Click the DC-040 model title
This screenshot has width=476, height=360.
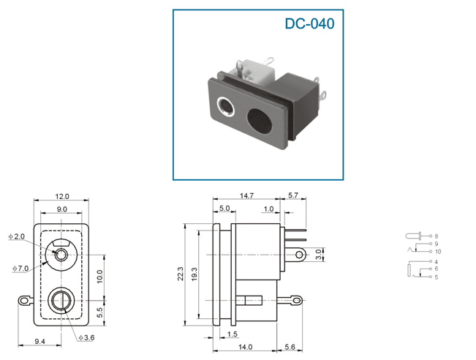click(309, 23)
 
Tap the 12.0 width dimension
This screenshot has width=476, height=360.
click(62, 196)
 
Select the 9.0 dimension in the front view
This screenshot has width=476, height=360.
click(61, 209)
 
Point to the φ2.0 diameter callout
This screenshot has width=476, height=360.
click(16, 236)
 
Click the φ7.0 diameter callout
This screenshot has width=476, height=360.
click(20, 269)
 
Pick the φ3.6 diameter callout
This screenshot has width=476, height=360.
click(86, 337)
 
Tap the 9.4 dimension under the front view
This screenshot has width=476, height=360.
click(39, 342)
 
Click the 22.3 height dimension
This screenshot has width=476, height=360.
click(181, 274)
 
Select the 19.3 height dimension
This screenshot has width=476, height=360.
click(194, 274)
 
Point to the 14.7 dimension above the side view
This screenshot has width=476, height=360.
click(246, 195)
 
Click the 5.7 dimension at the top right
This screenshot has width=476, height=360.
click(293, 195)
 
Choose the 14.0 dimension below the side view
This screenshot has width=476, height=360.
click(245, 347)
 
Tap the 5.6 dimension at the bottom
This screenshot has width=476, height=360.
click(290, 347)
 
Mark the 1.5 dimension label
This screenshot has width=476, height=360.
click(232, 334)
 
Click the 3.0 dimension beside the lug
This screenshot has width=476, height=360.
click(318, 255)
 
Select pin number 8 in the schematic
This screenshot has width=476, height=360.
click(437, 236)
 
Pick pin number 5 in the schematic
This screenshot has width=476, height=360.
click(437, 277)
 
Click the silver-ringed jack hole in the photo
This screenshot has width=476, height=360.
click(225, 106)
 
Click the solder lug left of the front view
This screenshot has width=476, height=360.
click(24, 301)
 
